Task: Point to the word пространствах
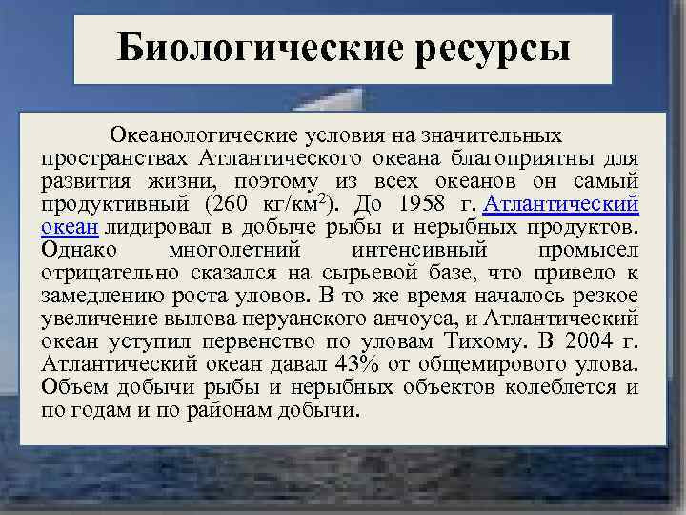(x=113, y=158)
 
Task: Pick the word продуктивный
(x=115, y=204)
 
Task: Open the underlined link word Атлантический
(x=562, y=204)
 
